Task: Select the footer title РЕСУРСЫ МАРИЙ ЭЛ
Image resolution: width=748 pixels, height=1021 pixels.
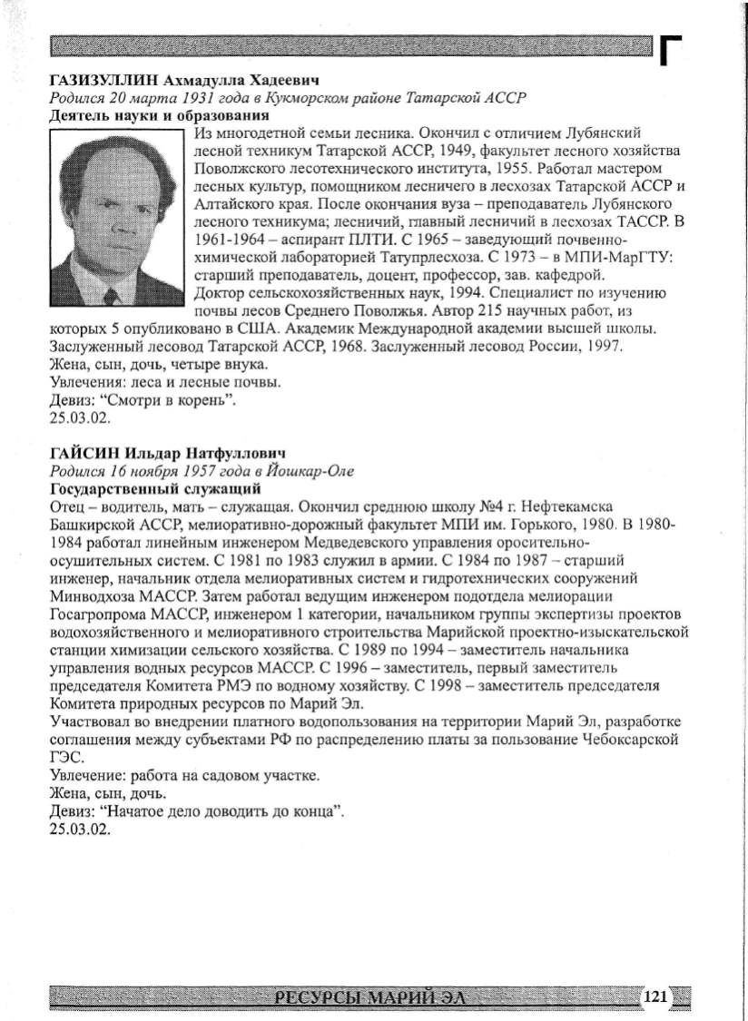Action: point(368,998)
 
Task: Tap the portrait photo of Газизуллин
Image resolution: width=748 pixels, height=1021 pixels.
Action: point(116,218)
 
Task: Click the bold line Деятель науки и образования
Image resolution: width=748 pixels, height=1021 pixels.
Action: point(159,115)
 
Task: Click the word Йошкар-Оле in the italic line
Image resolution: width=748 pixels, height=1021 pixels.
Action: point(311,470)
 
